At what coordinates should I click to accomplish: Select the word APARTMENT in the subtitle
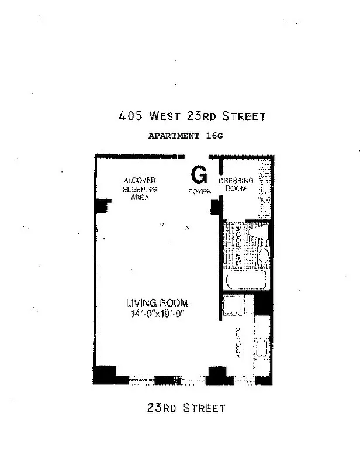point(174,136)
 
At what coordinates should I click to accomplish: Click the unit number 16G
point(214,136)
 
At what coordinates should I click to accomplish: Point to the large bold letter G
point(199,174)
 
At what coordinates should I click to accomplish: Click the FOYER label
point(199,191)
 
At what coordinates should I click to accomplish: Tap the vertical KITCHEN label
point(238,342)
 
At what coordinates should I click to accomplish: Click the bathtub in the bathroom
point(245,280)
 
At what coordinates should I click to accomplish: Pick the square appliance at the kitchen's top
point(233,306)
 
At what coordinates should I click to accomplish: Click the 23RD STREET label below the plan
point(186,408)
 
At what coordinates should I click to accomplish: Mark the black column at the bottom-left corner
point(105,374)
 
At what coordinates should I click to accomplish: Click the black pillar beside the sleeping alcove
point(103,206)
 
